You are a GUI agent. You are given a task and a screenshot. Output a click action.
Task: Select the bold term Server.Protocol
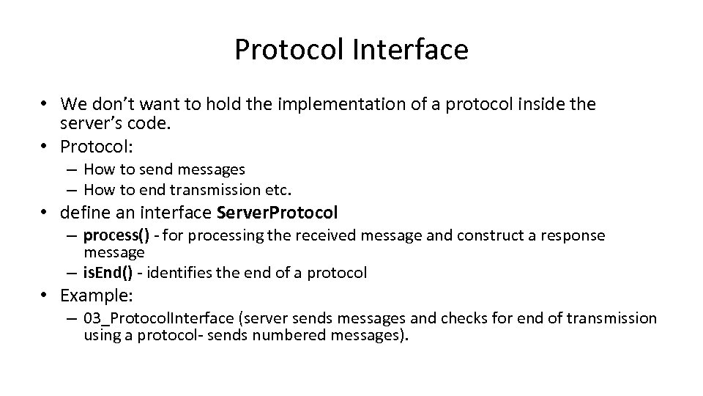point(278,213)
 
